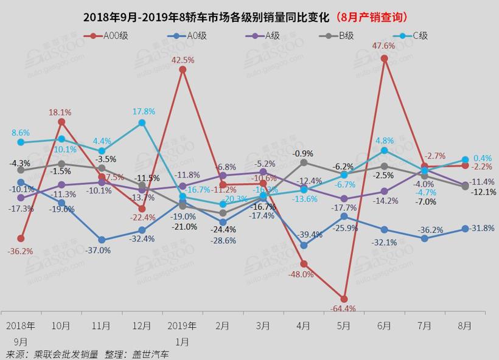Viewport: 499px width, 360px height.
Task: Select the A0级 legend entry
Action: (x=194, y=36)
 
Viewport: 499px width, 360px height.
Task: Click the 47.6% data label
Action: (x=383, y=46)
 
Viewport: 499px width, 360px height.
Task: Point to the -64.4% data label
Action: (x=343, y=309)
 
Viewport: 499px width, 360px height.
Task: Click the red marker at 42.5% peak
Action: (x=183, y=70)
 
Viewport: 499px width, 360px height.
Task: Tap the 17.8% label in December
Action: (x=144, y=112)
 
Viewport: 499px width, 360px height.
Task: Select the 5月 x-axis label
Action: (x=344, y=326)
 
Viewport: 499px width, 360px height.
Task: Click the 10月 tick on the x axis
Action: (x=61, y=326)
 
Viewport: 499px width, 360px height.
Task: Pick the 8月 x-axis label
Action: (x=464, y=326)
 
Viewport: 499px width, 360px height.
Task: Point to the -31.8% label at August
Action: (x=483, y=228)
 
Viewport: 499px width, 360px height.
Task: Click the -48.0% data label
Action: (x=302, y=274)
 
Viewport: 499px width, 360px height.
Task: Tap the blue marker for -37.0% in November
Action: (x=102, y=240)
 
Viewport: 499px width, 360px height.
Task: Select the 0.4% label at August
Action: (x=483, y=157)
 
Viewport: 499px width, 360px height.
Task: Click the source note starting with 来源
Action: (x=88, y=353)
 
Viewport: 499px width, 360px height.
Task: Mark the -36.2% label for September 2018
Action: (x=21, y=251)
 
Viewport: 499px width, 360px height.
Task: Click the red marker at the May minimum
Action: (x=344, y=299)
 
